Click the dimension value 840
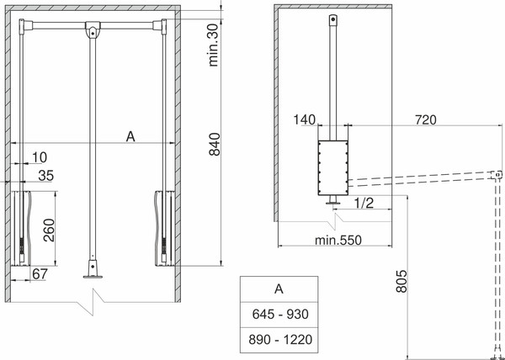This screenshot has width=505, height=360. pyautogui.click(x=216, y=146)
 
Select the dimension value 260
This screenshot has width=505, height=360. pyautogui.click(x=50, y=227)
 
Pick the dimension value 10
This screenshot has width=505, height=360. pyautogui.click(x=39, y=157)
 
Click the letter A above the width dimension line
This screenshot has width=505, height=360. pyautogui.click(x=130, y=135)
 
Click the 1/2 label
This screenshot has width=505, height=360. pyautogui.click(x=364, y=202)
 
